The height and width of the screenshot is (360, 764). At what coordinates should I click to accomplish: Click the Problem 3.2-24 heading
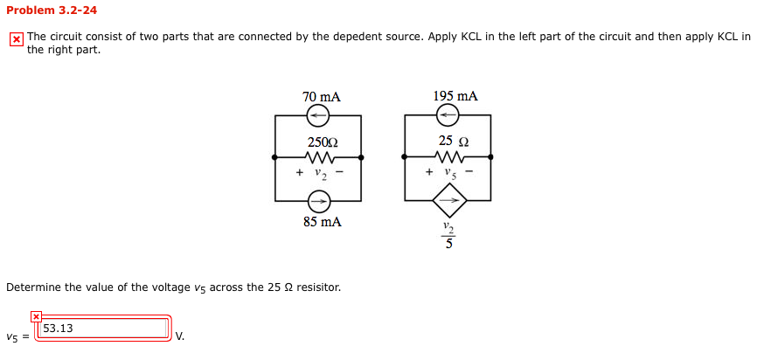point(52,10)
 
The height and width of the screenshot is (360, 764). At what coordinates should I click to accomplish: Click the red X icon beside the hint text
point(16,39)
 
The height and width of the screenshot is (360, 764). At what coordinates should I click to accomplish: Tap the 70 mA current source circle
point(317,115)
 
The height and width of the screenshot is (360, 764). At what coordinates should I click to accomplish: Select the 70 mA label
point(321,97)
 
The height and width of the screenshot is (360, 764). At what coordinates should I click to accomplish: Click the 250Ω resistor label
point(322,142)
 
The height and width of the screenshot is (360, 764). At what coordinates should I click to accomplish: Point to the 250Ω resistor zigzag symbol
point(318,157)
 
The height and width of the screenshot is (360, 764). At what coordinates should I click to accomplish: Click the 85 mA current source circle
point(317,202)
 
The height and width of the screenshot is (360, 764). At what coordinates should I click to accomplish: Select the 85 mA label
point(322,222)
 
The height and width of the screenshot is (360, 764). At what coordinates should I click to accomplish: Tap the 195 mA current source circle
point(448,115)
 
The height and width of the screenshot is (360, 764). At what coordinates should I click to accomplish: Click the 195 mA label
point(455,96)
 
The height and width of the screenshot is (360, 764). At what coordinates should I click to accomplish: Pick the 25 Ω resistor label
point(454,142)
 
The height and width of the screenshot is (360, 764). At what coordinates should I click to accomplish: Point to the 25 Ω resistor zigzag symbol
point(448,157)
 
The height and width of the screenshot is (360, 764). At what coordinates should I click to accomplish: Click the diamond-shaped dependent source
point(449,201)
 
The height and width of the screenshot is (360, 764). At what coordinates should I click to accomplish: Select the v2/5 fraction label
point(448,235)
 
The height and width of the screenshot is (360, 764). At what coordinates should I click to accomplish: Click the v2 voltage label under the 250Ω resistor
point(319,172)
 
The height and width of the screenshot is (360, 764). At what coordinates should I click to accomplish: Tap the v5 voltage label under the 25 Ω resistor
point(449,172)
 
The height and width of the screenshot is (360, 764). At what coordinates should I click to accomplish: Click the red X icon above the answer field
point(36,316)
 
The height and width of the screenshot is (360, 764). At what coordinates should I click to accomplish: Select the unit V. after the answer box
point(179,336)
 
